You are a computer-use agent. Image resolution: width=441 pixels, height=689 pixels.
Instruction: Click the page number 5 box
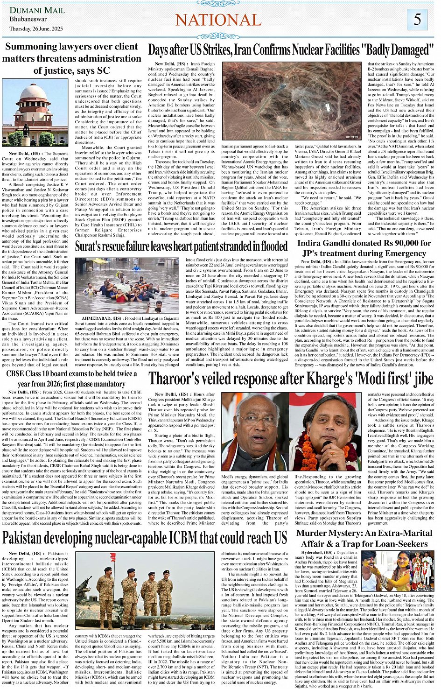(417, 20)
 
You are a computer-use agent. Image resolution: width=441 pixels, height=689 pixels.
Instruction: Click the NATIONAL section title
(218, 20)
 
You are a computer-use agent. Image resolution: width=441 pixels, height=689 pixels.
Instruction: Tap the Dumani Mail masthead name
(38, 10)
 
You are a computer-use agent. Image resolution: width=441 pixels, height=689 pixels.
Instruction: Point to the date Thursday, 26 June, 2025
(36, 28)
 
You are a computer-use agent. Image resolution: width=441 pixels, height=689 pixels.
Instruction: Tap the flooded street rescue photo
(126, 285)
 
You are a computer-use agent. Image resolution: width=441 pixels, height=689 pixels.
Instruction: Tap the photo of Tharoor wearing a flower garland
(325, 431)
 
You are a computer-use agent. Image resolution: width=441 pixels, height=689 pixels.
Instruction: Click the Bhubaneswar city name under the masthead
(28, 20)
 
